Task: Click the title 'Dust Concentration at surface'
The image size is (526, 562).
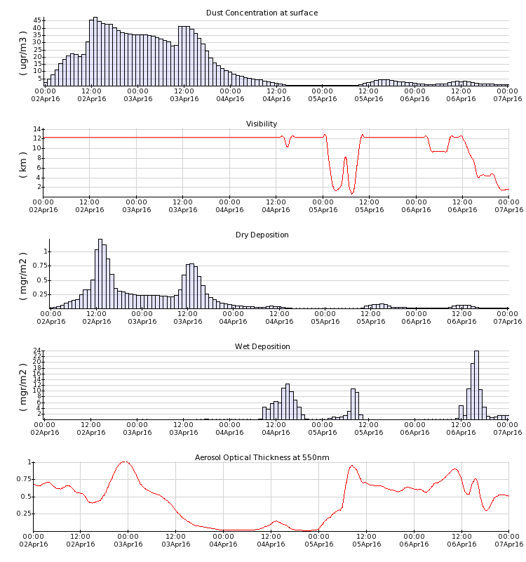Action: pyautogui.click(x=262, y=13)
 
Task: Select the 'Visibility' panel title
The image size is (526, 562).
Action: pyautogui.click(x=262, y=124)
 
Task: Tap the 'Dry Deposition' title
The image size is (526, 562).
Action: pyautogui.click(x=262, y=235)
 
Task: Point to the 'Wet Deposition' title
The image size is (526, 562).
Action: pyautogui.click(x=262, y=346)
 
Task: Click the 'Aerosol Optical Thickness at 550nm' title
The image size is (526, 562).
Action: pyautogui.click(x=262, y=457)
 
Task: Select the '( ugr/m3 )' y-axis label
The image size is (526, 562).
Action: pyautogui.click(x=23, y=51)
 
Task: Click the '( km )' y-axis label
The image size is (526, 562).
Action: pyautogui.click(x=23, y=162)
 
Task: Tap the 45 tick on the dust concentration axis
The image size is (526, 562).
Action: pyautogui.click(x=36, y=21)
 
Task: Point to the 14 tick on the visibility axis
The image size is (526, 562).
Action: pyautogui.click(x=36, y=129)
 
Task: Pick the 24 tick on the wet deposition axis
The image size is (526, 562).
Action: pyautogui.click(x=36, y=351)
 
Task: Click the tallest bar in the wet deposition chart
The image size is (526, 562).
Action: pyautogui.click(x=476, y=385)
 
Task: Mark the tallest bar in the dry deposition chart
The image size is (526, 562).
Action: pyautogui.click(x=100, y=274)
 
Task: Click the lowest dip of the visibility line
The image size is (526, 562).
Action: pyautogui.click(x=352, y=192)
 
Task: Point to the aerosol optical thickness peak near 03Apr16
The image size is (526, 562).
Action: pyautogui.click(x=125, y=462)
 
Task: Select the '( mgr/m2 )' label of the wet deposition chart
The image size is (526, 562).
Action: pyautogui.click(x=23, y=384)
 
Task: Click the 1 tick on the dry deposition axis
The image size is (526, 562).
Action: pyautogui.click(x=43, y=251)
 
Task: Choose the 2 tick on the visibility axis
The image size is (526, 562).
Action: pyautogui.click(x=39, y=187)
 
